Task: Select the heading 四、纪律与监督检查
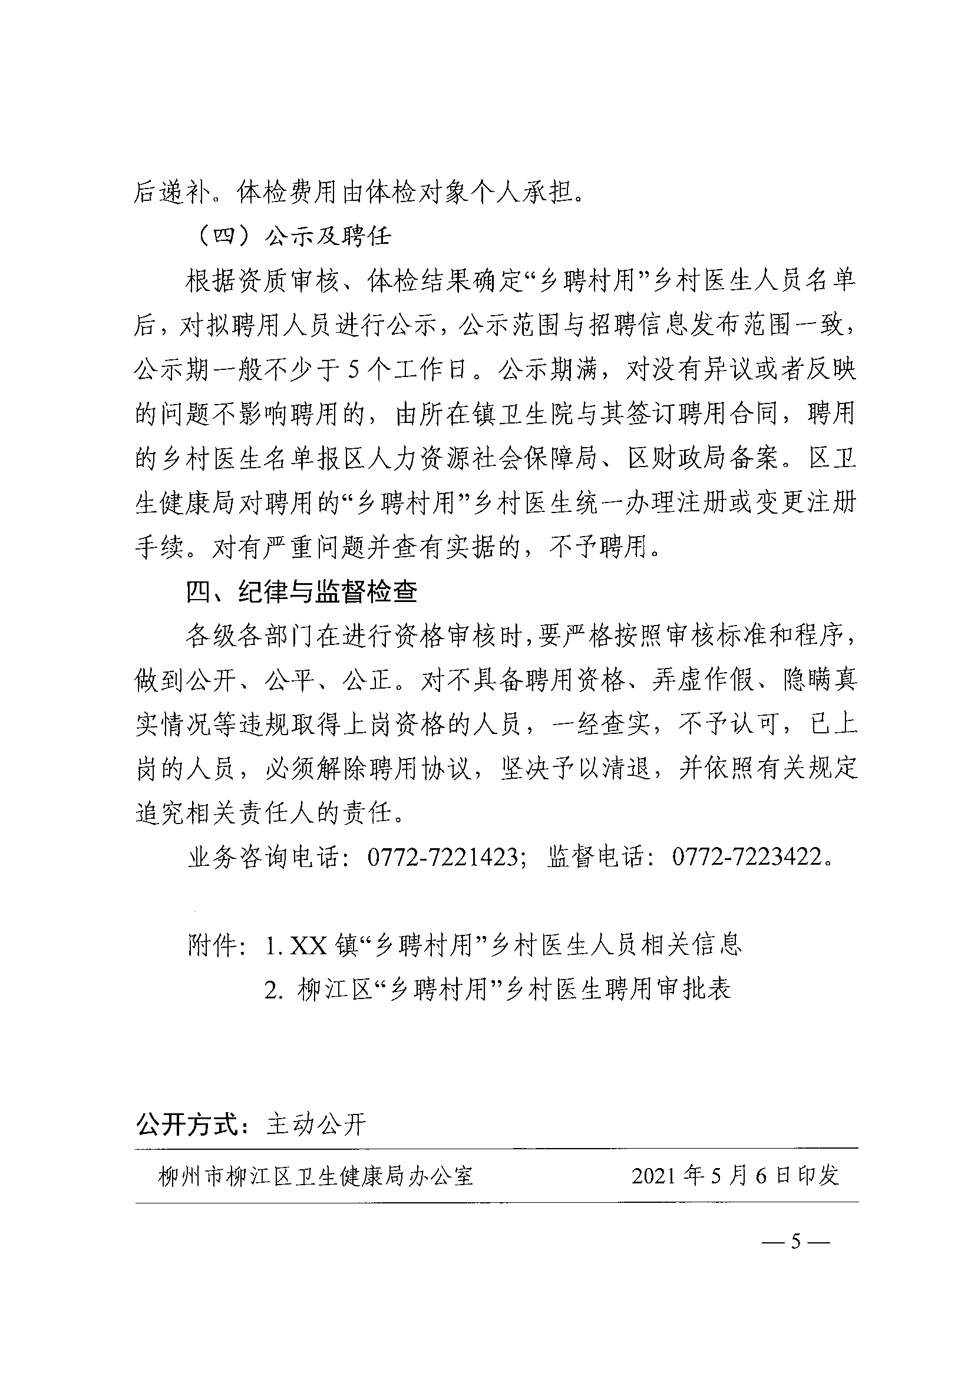coord(302,592)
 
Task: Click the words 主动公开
coord(315,1125)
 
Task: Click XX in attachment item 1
coord(308,945)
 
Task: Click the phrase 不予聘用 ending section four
coord(599,547)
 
